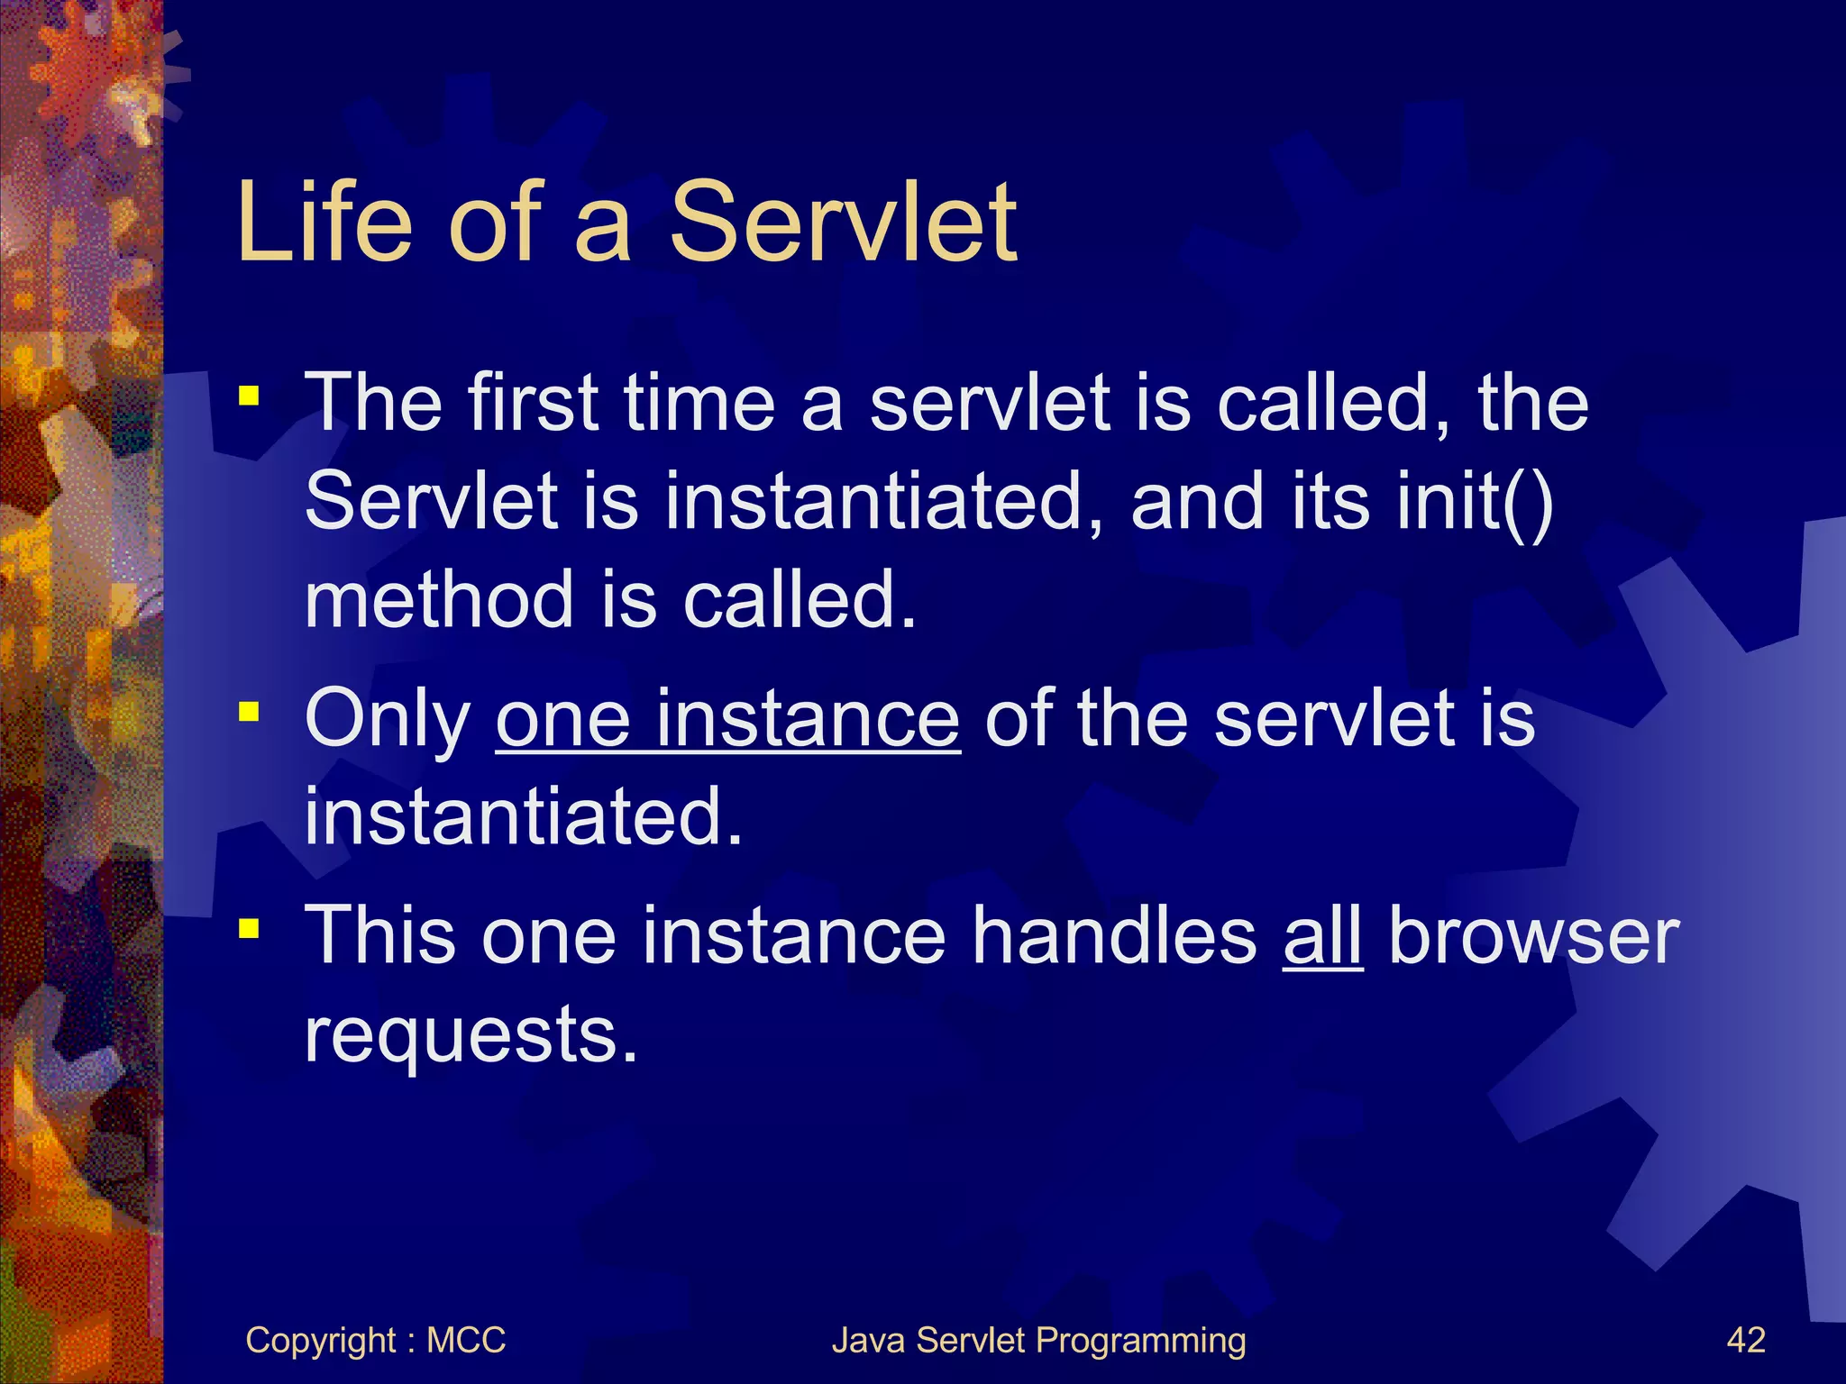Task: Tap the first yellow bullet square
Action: point(249,396)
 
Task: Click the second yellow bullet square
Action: point(249,713)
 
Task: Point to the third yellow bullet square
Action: point(249,928)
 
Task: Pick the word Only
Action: point(388,719)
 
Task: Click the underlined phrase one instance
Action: point(727,719)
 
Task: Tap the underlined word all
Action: point(1322,935)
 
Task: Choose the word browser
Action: point(1533,935)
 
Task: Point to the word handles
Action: point(1114,935)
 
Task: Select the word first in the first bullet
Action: point(533,402)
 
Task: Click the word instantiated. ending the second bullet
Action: point(523,816)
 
